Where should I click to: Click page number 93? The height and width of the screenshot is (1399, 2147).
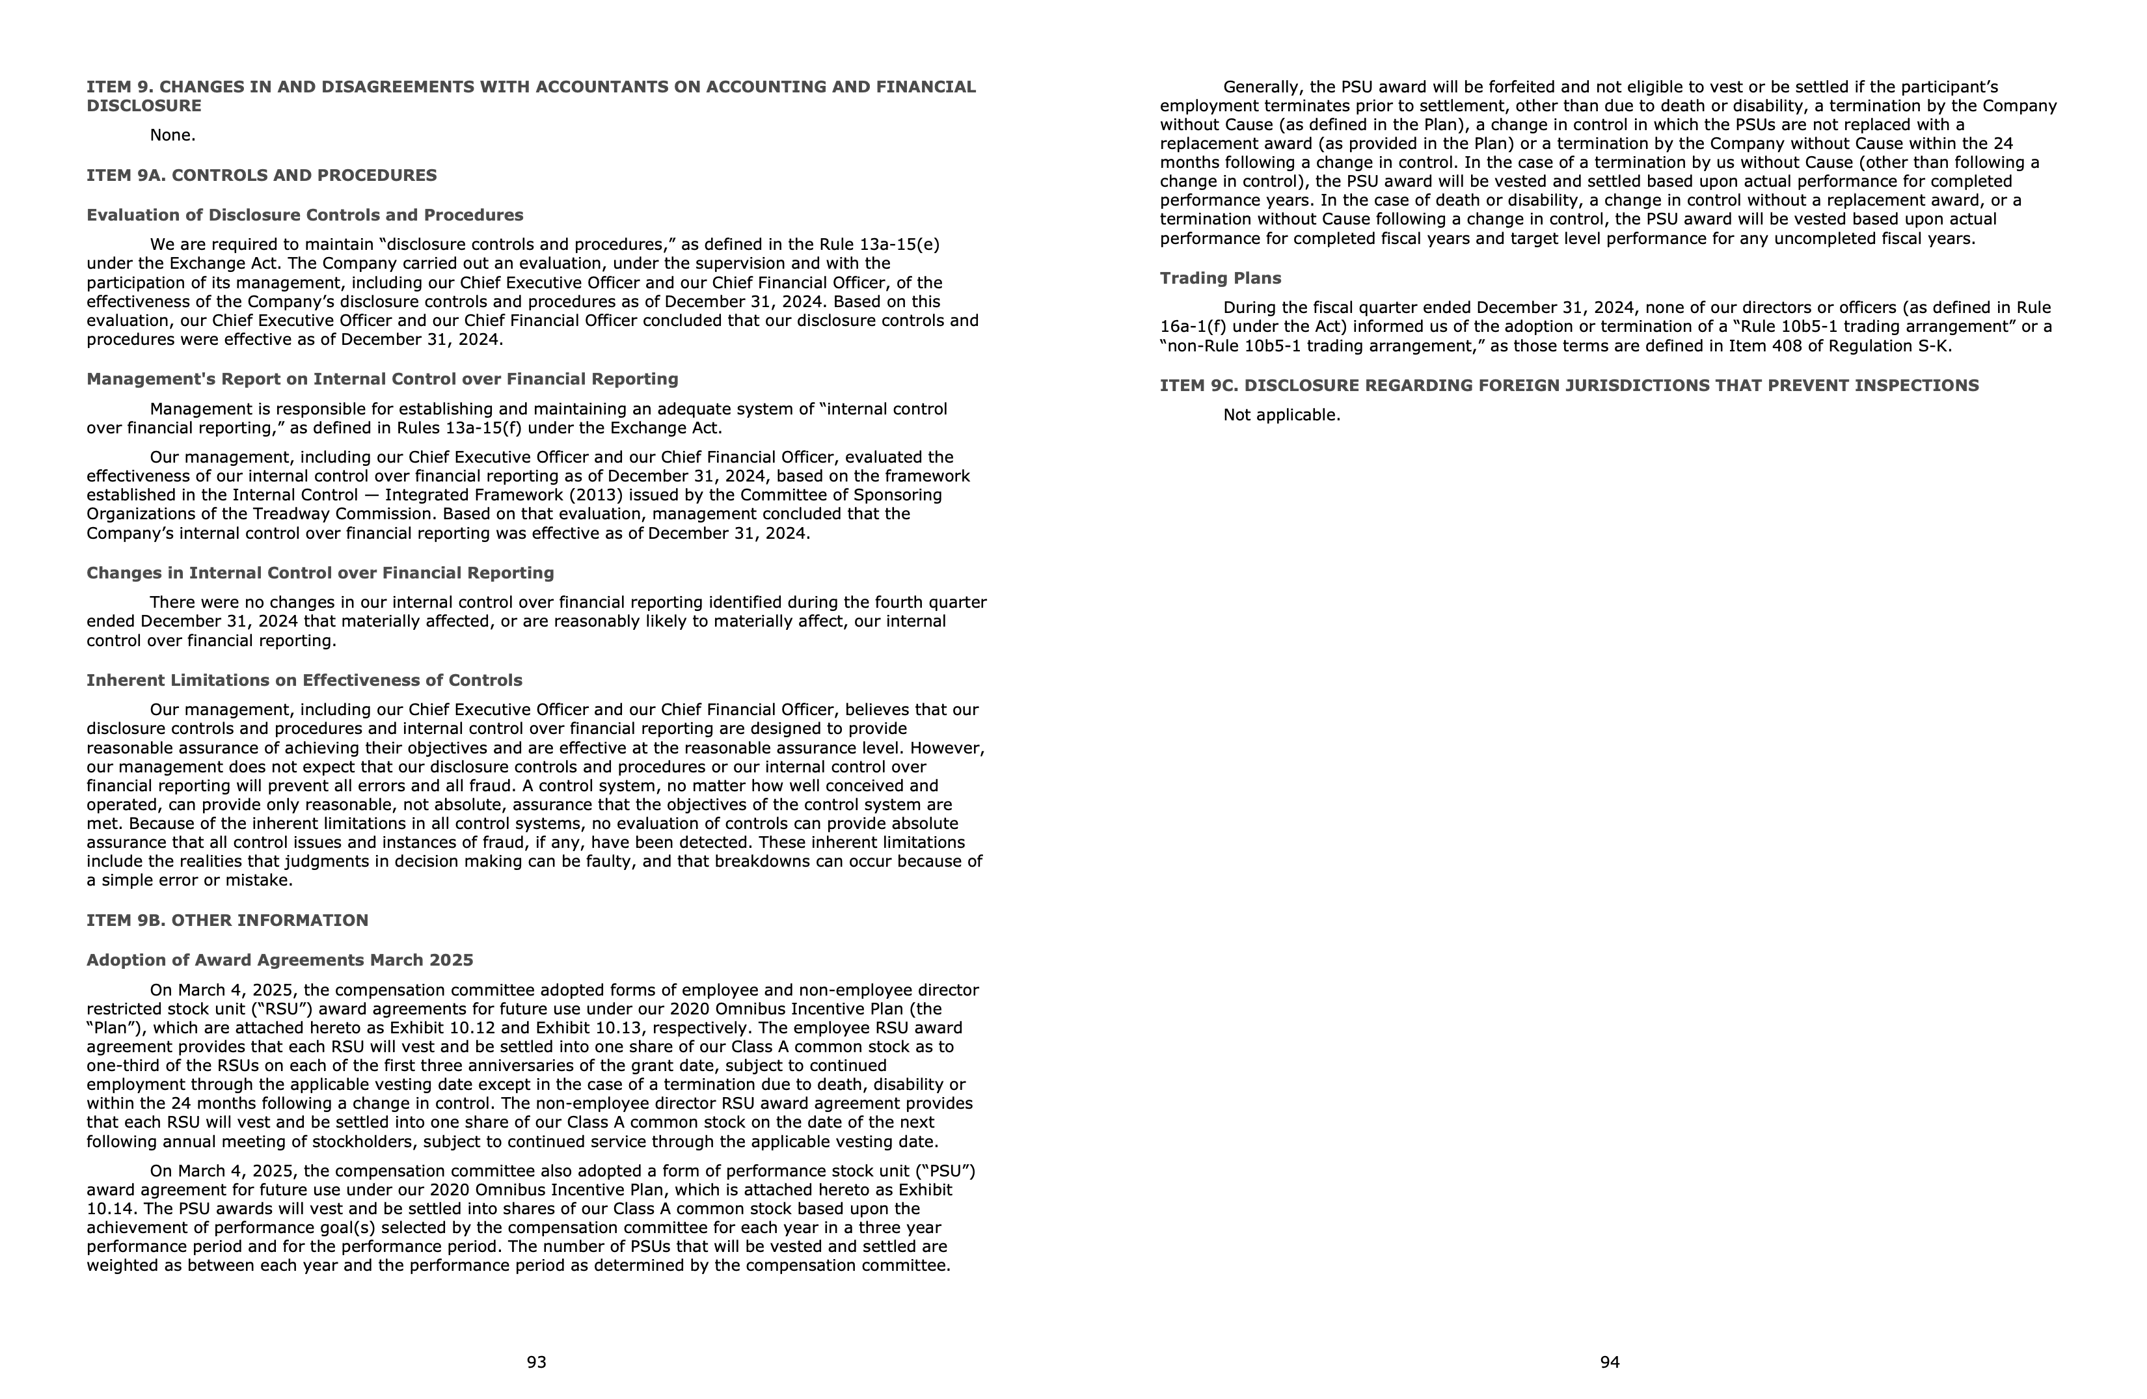click(x=536, y=1362)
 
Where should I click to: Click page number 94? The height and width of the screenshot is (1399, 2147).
click(x=1610, y=1362)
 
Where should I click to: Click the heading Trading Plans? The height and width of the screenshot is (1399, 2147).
click(x=1220, y=278)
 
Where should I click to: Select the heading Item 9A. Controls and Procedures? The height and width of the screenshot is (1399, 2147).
click(x=262, y=175)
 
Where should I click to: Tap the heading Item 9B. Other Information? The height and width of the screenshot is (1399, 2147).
click(x=227, y=920)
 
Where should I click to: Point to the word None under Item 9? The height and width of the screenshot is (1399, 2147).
click(x=172, y=135)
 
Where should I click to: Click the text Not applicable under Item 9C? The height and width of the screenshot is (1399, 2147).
click(x=1281, y=415)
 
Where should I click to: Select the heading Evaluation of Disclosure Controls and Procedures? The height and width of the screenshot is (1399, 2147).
click(x=305, y=215)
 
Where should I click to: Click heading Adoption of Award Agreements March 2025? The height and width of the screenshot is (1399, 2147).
click(x=280, y=960)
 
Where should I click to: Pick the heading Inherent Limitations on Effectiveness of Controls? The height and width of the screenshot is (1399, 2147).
click(x=304, y=680)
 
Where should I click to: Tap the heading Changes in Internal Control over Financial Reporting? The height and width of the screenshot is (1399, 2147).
click(x=320, y=573)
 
